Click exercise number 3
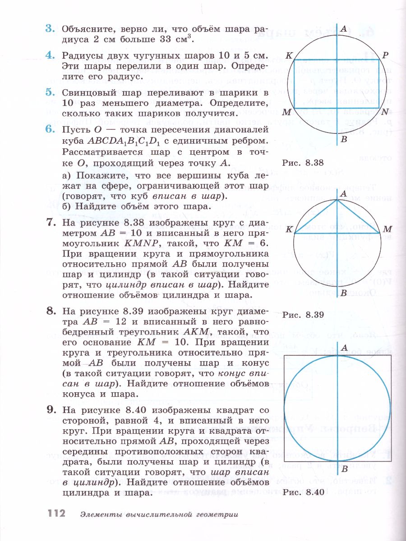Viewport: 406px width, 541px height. (50, 29)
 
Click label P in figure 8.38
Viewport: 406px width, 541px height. (385, 55)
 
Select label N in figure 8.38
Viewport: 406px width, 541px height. (384, 112)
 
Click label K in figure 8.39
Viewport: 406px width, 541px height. (289, 229)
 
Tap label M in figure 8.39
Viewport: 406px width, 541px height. (387, 229)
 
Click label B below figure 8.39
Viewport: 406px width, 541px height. (344, 293)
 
